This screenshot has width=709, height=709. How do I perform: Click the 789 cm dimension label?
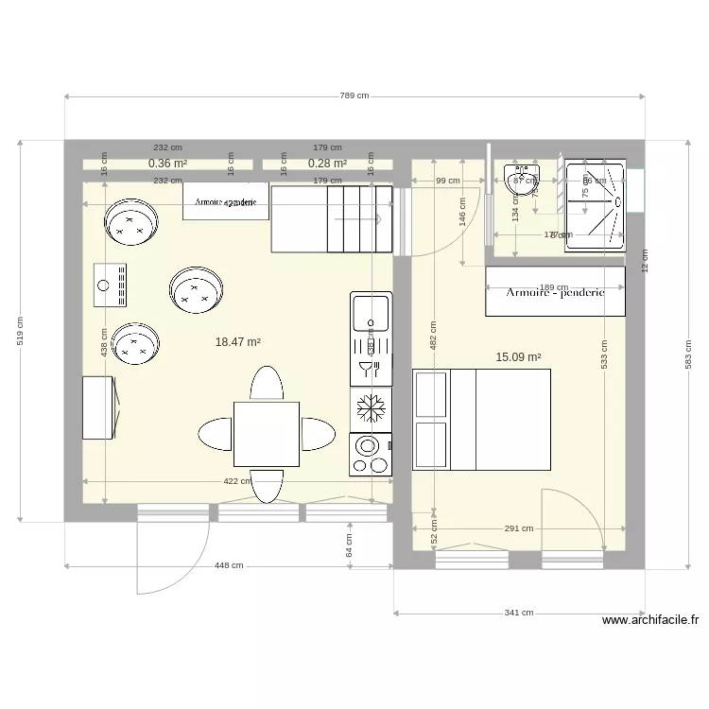click(354, 96)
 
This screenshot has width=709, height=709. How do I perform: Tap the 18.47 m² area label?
click(238, 342)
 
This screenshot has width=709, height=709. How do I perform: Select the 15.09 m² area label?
click(518, 357)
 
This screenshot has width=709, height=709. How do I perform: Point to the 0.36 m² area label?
click(167, 164)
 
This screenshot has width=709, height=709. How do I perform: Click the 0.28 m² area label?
click(327, 164)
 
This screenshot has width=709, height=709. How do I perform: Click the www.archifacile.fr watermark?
click(650, 621)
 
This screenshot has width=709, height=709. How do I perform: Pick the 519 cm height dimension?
click(21, 330)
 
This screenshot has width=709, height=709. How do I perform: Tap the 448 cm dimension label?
click(229, 566)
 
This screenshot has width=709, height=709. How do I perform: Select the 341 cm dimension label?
click(518, 613)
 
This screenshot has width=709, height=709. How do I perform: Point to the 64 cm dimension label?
click(349, 545)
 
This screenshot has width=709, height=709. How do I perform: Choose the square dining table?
click(267, 434)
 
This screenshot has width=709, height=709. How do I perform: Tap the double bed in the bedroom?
click(482, 420)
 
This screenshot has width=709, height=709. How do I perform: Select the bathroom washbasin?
click(519, 180)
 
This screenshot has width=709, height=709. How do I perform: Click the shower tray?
click(596, 205)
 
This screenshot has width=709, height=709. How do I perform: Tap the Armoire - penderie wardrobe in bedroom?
click(555, 292)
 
